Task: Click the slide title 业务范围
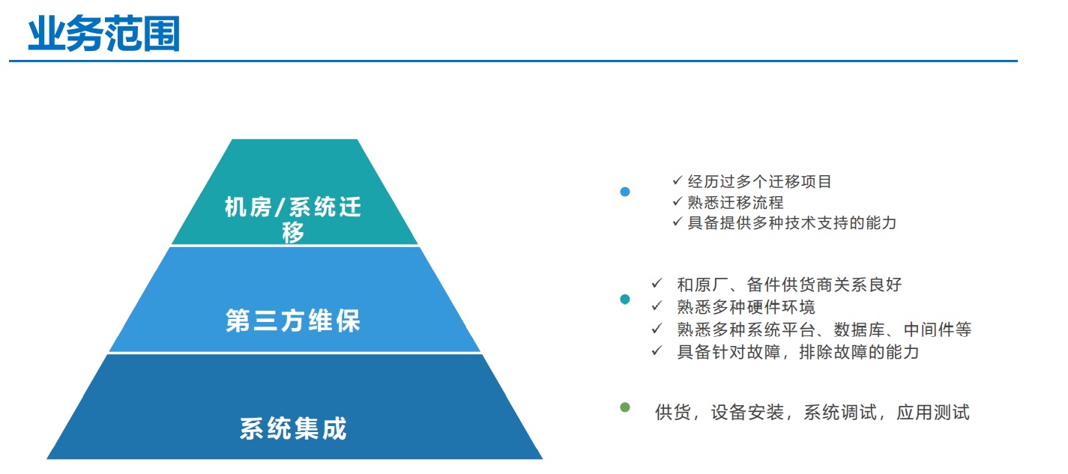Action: [104, 34]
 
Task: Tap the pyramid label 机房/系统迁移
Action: [293, 219]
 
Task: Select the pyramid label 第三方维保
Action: [293, 320]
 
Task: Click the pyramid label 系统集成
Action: [293, 428]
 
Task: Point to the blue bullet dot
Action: [624, 192]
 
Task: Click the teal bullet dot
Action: [624, 300]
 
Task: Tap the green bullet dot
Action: [624, 407]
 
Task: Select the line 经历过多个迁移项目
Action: [759, 181]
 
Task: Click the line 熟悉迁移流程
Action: [735, 202]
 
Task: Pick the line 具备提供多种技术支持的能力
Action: [792, 223]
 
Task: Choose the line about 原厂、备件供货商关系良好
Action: [789, 285]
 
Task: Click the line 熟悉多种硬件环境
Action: [746, 307]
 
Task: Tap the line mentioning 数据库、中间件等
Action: [824, 329]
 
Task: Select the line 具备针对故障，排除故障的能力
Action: [797, 352]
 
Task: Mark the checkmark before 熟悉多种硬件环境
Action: [657, 306]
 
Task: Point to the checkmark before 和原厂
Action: [657, 283]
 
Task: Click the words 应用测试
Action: [932, 413]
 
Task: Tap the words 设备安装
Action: [747, 413]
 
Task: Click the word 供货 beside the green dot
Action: [673, 413]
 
